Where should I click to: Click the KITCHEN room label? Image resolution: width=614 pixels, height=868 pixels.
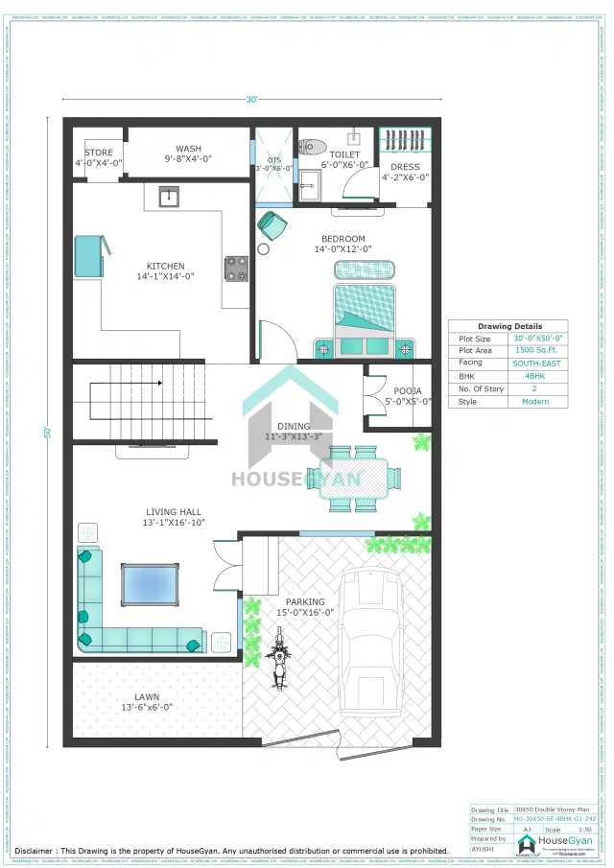tap(165, 266)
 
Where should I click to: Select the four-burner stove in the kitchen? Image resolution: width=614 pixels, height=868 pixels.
tap(236, 269)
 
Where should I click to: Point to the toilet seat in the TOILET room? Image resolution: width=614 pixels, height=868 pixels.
tap(311, 148)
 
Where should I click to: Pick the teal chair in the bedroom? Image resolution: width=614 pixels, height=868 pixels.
tap(272, 225)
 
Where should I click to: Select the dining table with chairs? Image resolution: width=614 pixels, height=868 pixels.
tap(354, 477)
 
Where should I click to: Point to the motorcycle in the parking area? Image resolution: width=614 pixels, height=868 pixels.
tap(279, 658)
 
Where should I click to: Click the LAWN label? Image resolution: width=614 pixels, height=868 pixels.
tap(147, 696)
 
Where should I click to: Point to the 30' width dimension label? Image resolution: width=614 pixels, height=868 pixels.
tap(252, 100)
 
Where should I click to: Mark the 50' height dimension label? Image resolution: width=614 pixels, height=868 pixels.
tap(46, 433)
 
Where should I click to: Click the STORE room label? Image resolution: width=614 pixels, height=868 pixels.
tap(99, 152)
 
